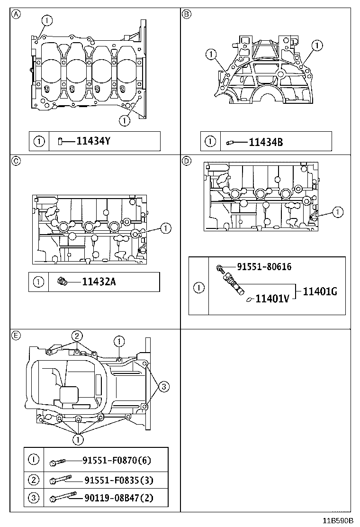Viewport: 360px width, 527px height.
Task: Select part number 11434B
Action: pos(266,141)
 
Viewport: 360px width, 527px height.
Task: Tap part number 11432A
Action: pos(99,282)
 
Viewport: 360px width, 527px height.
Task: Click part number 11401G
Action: pos(320,291)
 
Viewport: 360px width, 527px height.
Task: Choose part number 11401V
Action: pos(272,299)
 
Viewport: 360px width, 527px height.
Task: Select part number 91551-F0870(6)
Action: pos(117,460)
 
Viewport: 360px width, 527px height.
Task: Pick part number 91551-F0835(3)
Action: pos(119,480)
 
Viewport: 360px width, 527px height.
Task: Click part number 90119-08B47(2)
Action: pos(119,498)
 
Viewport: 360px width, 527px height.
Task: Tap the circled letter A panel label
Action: pos(16,14)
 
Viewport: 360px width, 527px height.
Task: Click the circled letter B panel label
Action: pos(187,14)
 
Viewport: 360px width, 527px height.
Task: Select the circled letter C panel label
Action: pos(16,161)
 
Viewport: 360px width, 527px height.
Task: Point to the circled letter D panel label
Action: pos(187,161)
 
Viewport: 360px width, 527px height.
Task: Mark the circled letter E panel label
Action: pos(16,336)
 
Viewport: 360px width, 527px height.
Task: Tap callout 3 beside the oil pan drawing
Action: pos(163,387)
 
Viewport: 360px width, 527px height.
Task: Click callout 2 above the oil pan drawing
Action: pos(77,335)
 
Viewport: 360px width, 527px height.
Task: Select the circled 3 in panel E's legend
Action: pos(33,498)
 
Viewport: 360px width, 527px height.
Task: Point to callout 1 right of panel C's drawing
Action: pos(165,228)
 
